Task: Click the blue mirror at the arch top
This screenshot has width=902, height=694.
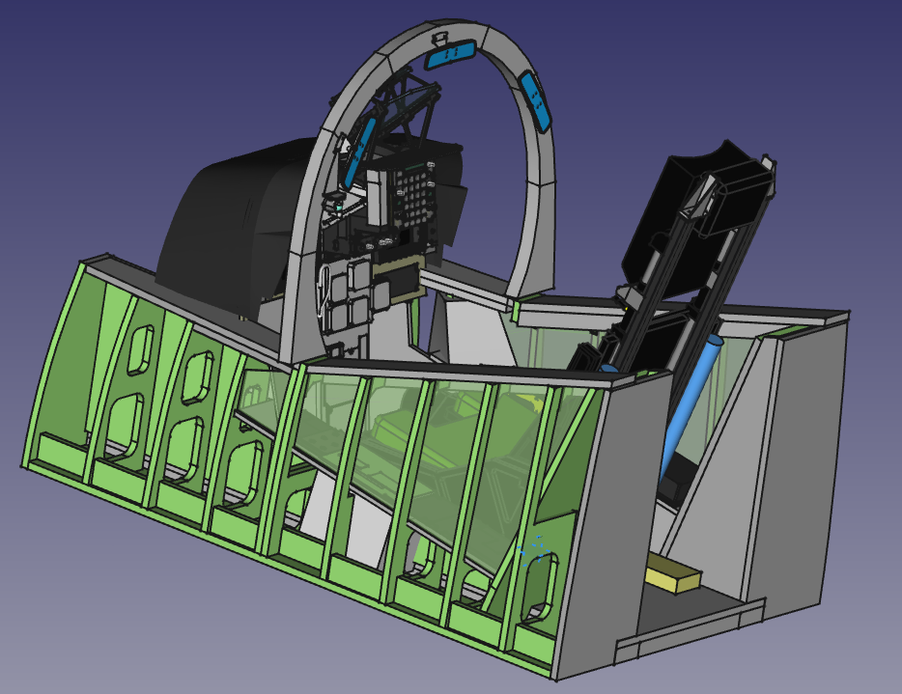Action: coord(450,55)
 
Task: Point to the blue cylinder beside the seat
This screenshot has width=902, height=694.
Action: coord(691,405)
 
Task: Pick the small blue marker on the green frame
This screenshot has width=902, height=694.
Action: coord(534,551)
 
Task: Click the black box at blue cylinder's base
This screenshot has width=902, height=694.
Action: coord(676,478)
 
